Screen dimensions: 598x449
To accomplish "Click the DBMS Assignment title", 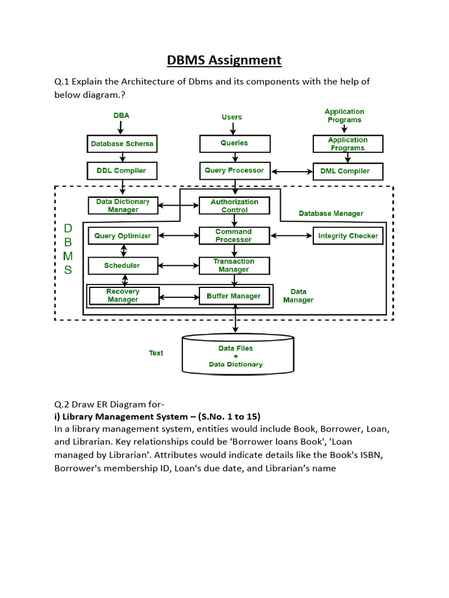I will click(224, 60).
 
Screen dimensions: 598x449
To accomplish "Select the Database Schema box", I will click(123, 144).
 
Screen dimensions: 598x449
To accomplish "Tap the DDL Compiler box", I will click(123, 171).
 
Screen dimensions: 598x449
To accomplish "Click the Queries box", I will click(234, 143).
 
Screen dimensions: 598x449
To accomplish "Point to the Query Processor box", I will click(234, 171).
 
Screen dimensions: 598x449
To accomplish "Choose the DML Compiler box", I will click(348, 171).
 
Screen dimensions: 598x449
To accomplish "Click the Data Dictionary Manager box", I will click(123, 206).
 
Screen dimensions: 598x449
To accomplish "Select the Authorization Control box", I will click(234, 206).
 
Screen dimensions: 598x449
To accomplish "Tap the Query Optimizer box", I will click(123, 236).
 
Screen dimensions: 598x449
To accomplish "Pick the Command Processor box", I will click(234, 236).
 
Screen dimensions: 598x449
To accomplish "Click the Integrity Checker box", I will click(348, 236).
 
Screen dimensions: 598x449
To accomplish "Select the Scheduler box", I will click(123, 266).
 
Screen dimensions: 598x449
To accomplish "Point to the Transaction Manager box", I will click(234, 266).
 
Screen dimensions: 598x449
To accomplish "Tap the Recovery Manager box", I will click(123, 295).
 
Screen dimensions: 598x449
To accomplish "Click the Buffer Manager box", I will click(234, 296).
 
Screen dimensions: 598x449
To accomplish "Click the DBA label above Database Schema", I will click(122, 116).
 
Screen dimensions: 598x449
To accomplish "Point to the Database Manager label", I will click(331, 214).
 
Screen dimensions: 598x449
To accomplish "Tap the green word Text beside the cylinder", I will click(156, 353).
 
